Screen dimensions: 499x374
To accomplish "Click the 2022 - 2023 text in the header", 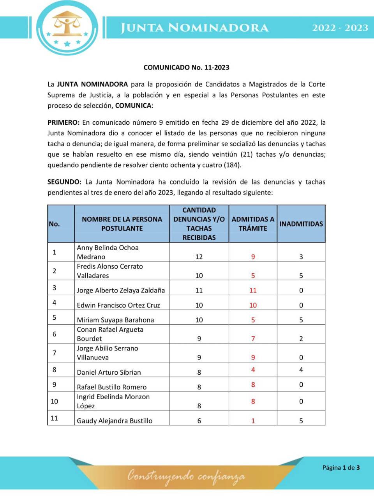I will tap(340, 28).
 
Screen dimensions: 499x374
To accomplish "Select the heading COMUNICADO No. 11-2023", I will tap(186, 67).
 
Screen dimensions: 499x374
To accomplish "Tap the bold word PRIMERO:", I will tap(63, 122).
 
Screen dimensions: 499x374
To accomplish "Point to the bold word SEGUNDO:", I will tap(64, 182).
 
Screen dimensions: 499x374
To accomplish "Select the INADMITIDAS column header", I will tap(301, 224).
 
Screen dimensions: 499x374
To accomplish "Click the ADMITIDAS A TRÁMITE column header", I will tap(253, 224).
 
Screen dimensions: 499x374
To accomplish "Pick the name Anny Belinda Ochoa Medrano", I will tap(108, 252).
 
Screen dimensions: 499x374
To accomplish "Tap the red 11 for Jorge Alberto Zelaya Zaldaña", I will tap(253, 290).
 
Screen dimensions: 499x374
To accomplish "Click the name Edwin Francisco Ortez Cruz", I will tap(118, 305).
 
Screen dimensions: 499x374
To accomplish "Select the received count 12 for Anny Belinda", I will tap(199, 257).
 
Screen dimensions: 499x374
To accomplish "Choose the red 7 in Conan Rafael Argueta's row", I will tap(253, 339).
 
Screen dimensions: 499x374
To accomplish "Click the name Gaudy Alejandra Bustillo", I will tap(115, 421).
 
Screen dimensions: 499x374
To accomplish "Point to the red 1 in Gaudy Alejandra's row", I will tap(253, 421).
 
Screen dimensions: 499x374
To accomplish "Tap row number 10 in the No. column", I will tap(54, 402).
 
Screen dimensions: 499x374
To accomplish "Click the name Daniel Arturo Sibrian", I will tap(109, 372).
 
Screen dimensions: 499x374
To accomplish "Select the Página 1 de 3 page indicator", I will tap(341, 467).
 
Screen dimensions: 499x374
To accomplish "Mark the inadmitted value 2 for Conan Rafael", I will tap(301, 339).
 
